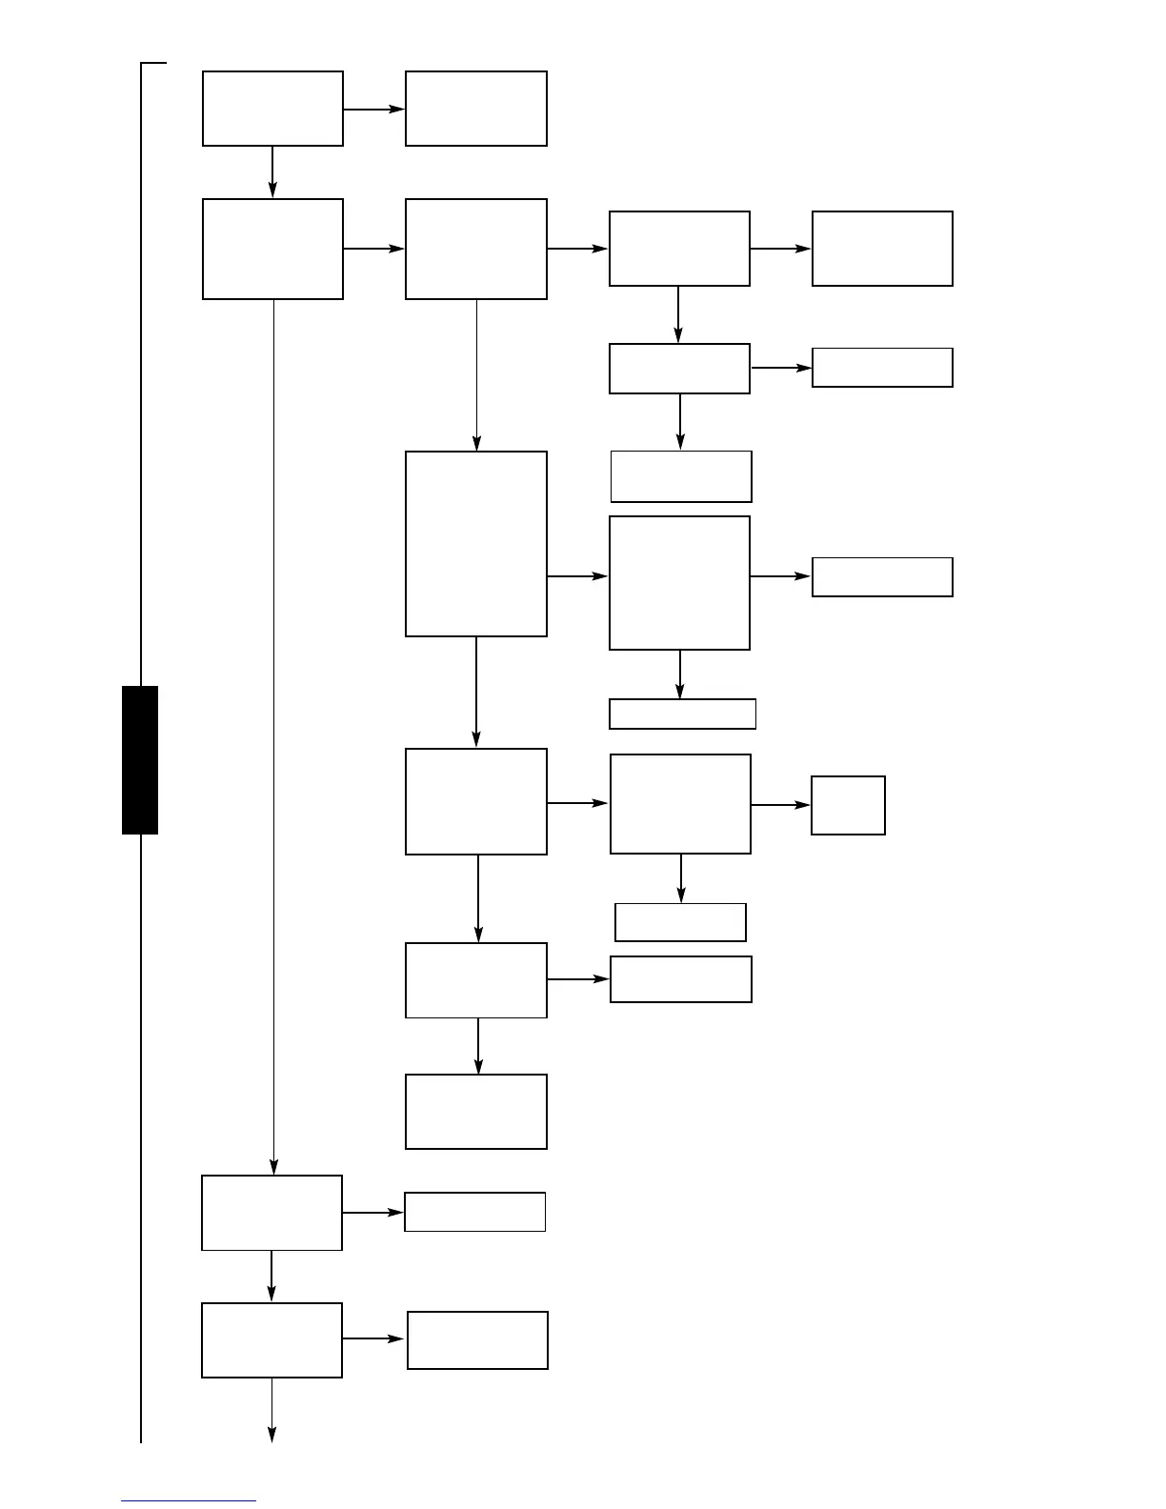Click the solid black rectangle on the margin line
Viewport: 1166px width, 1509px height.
point(140,759)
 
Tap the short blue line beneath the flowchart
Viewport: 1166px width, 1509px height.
point(189,1500)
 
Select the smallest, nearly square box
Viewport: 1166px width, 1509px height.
point(848,805)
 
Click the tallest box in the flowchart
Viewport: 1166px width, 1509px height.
point(476,543)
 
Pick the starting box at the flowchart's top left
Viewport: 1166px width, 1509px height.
point(272,109)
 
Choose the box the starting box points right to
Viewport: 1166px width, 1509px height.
point(476,109)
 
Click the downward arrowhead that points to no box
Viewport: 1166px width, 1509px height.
point(271,1435)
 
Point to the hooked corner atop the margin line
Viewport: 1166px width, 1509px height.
point(152,64)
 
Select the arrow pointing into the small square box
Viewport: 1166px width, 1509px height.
point(780,805)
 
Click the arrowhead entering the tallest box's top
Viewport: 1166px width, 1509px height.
point(476,443)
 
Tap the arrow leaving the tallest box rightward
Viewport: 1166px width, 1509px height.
point(577,576)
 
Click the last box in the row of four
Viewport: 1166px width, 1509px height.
point(882,249)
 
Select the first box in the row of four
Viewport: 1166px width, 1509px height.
point(272,249)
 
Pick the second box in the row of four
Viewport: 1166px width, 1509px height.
point(476,249)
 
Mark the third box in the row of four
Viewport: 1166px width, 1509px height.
point(679,249)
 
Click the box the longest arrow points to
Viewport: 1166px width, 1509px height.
point(271,1213)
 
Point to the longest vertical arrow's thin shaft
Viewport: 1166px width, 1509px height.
point(273,734)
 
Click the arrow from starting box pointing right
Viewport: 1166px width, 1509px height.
point(373,110)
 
